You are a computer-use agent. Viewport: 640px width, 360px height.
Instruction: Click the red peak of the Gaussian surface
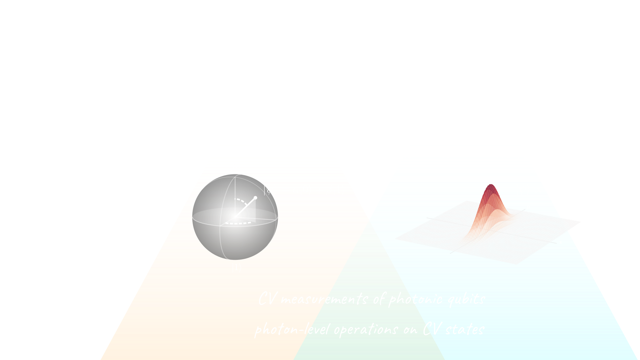490,189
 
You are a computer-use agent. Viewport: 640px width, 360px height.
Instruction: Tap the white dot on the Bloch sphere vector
255,198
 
